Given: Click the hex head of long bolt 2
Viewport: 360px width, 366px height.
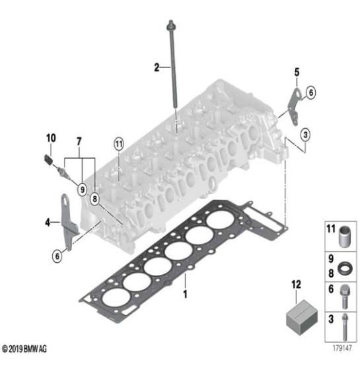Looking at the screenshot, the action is coord(171,26).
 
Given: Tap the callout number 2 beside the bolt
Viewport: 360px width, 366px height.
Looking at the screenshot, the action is coord(157,67).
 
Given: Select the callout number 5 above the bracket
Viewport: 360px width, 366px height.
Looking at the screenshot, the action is coord(297,72).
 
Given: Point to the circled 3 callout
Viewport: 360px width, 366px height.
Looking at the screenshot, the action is coord(305,135).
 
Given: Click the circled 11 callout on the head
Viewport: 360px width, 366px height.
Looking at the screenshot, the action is coord(119,144).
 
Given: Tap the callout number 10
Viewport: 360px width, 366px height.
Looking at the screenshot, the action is coord(51,138).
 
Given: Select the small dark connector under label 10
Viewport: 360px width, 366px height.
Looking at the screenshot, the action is coord(48,160).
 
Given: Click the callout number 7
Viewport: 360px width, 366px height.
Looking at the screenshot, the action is coord(79,141).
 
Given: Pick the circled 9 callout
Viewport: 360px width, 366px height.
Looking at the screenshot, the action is coord(82,190).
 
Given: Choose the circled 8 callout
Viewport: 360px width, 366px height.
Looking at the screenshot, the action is coord(94,199).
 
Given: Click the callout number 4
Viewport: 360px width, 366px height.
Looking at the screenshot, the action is coord(48,223).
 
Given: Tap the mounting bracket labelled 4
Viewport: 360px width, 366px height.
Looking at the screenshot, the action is coord(68,223).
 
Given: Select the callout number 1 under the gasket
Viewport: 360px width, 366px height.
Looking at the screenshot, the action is coord(185,295).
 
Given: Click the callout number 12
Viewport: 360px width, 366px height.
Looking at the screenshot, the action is coord(296,285).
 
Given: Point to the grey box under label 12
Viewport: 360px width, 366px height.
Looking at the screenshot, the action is coord(302,317).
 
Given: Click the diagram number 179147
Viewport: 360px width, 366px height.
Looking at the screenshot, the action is coord(342,348).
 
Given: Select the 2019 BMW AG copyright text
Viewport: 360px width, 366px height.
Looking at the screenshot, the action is coord(24,349).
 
